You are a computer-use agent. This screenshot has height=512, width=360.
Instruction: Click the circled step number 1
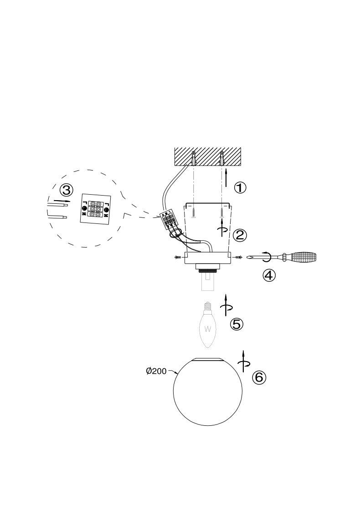240,187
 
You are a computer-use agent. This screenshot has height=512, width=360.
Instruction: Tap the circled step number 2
240,235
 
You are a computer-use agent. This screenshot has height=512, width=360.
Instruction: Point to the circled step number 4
269,275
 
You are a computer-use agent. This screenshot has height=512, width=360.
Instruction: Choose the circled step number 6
259,377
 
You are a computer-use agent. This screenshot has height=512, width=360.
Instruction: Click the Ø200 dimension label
156,371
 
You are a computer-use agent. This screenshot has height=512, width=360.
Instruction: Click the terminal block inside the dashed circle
95,209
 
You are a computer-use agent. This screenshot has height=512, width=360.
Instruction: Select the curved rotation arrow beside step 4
266,257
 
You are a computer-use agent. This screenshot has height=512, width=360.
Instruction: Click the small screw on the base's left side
178,258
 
